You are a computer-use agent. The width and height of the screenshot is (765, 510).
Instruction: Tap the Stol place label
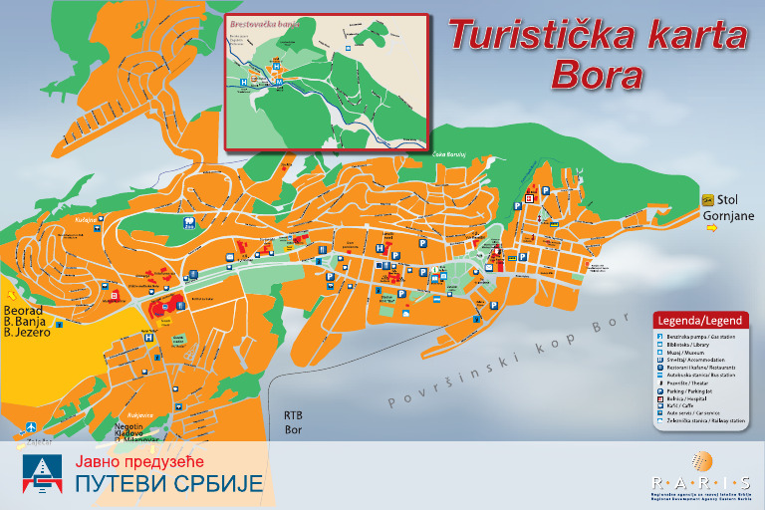click(728, 199)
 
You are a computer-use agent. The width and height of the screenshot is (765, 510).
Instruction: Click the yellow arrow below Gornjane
click(711, 229)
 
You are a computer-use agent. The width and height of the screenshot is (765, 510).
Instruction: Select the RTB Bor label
click(293, 422)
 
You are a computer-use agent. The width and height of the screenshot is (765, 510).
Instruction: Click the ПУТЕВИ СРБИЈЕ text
click(169, 485)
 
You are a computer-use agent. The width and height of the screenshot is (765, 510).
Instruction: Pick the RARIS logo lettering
click(695, 479)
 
